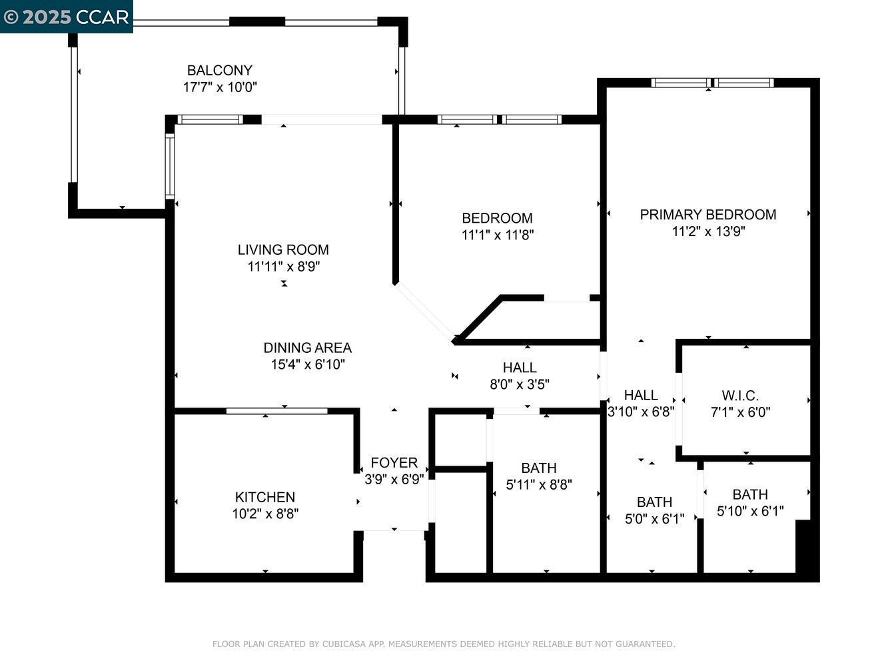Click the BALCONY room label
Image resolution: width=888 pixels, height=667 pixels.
tap(219, 70)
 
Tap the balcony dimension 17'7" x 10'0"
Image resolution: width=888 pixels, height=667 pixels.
tap(220, 87)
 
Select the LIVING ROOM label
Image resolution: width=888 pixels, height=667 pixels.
tap(283, 249)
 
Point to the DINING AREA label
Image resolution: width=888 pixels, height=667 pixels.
tap(307, 348)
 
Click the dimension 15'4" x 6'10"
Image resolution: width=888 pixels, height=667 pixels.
tap(307, 364)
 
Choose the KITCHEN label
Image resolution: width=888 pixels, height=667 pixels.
tap(264, 497)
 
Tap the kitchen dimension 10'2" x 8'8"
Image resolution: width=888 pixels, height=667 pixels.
tap(265, 514)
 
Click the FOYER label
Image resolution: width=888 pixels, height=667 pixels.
tap(394, 462)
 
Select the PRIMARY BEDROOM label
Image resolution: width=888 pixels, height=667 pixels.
tap(707, 214)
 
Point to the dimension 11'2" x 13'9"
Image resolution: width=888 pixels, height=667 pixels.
tap(708, 231)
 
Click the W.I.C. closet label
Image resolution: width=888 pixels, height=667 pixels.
tap(740, 395)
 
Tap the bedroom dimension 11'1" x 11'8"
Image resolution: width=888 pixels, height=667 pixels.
tap(497, 235)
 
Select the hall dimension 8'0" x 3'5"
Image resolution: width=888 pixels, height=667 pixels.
tap(520, 384)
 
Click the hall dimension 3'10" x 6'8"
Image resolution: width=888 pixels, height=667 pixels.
tap(641, 412)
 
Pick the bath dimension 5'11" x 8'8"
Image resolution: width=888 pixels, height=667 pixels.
tap(539, 485)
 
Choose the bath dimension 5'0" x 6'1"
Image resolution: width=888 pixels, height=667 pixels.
tap(654, 519)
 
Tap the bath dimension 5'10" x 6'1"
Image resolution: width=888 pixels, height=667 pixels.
tap(750, 511)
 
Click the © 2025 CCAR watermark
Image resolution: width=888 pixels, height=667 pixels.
tap(66, 17)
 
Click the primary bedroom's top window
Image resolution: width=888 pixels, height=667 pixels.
tap(712, 83)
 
